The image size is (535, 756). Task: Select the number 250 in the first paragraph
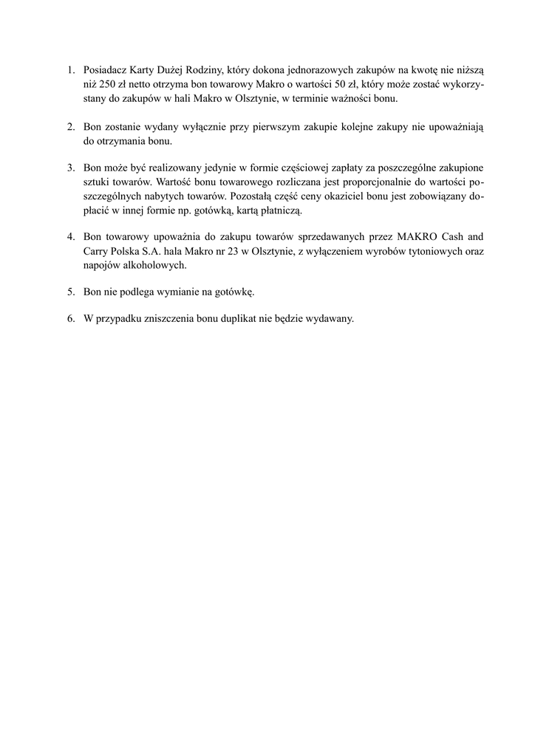pyautogui.click(x=108, y=84)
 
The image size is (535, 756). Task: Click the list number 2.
pyautogui.click(x=71, y=126)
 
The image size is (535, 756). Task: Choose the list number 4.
pyautogui.click(x=71, y=238)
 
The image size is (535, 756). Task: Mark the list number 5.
pyautogui.click(x=71, y=292)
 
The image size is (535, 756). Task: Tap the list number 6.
pyautogui.click(x=71, y=320)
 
